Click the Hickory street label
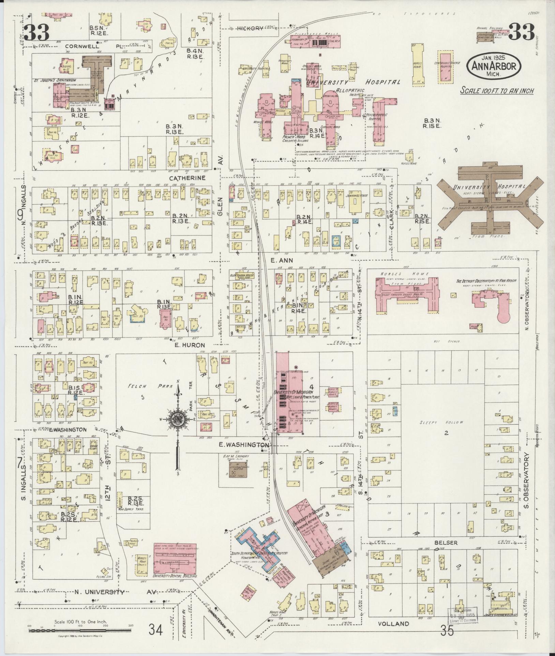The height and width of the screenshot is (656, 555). [x=251, y=28]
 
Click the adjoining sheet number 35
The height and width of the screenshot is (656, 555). [x=447, y=631]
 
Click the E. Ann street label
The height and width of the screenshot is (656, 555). [x=277, y=260]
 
